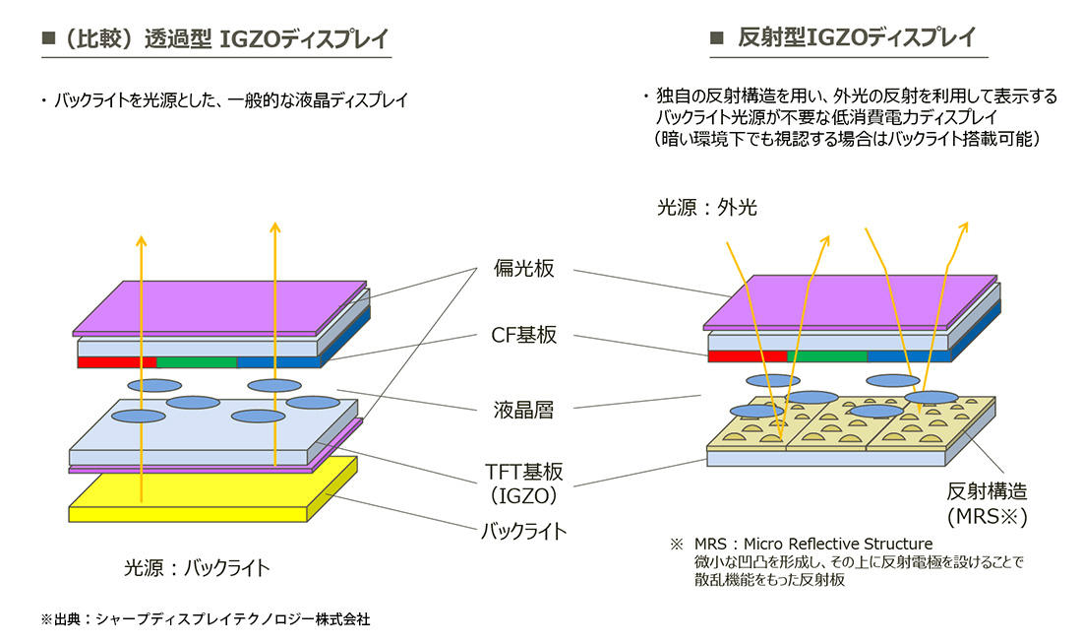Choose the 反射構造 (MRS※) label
[x=986, y=502]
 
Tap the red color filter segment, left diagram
[x=116, y=362]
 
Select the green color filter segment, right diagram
[x=826, y=355]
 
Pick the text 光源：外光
[x=706, y=208]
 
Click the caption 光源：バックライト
[x=197, y=568]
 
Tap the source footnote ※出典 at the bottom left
[x=206, y=619]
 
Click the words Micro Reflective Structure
[x=838, y=544]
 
